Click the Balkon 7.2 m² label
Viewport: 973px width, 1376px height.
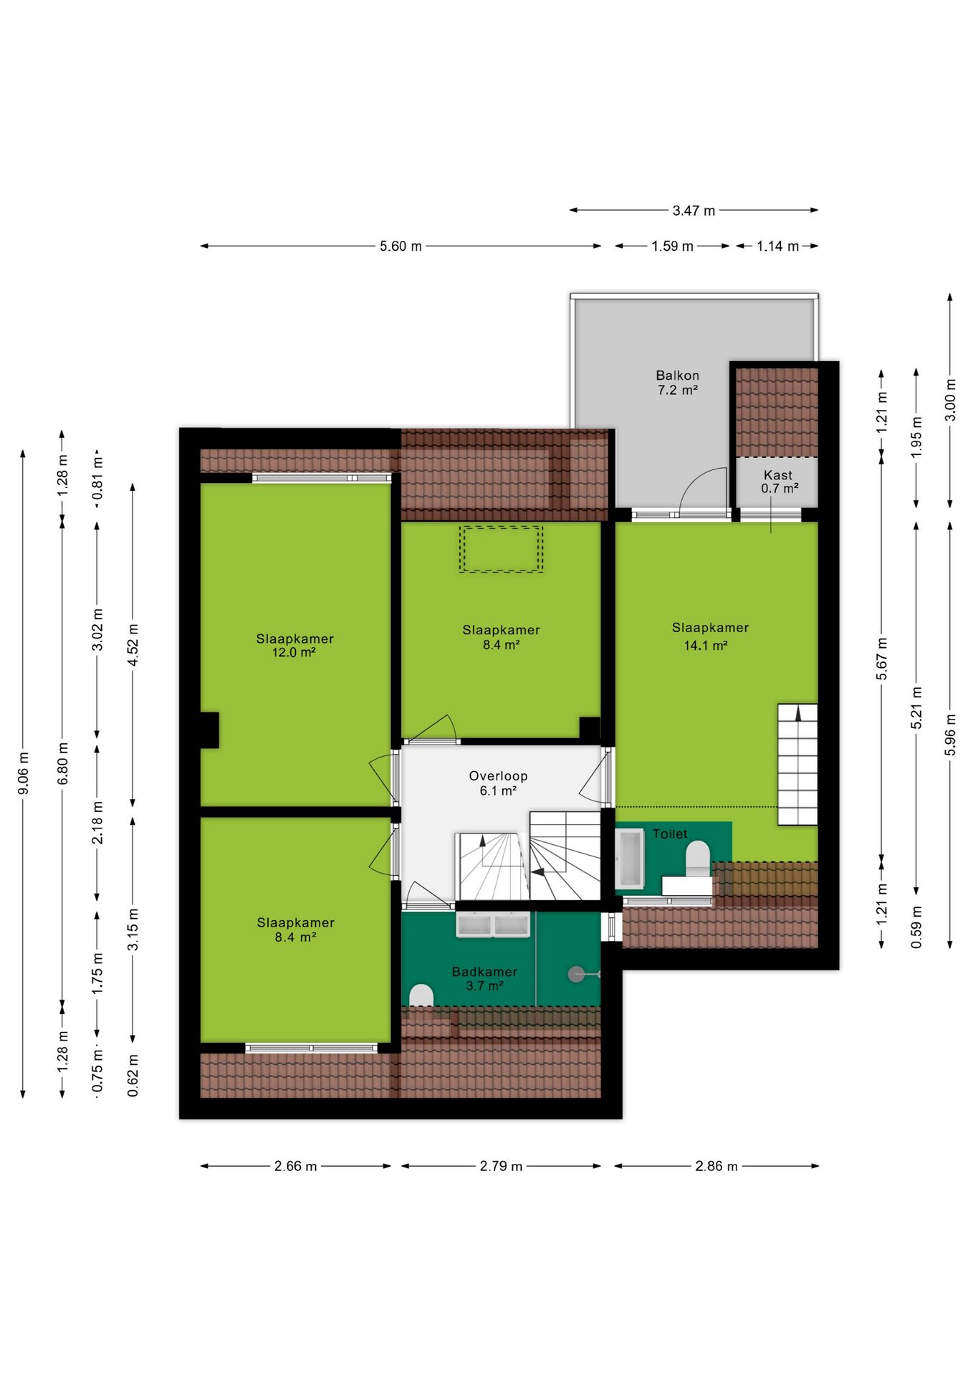[677, 383]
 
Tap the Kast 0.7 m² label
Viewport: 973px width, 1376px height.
[779, 482]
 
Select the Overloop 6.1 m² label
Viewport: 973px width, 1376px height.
[498, 783]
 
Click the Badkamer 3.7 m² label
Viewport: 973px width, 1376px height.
[484, 978]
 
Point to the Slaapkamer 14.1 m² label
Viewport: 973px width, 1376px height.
[710, 636]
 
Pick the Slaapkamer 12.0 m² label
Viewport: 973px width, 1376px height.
[294, 645]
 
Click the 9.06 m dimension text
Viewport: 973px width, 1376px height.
[23, 773]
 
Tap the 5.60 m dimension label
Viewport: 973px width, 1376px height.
[401, 246]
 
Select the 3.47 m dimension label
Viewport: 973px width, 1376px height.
[694, 210]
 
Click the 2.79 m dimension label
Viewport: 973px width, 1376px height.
[501, 1166]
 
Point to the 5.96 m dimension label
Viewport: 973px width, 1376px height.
[950, 735]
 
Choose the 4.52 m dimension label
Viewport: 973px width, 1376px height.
[133, 645]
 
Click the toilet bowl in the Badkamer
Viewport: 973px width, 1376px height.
[421, 995]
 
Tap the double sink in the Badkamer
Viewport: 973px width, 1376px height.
[493, 924]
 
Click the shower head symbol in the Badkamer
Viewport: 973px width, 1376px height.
[577, 974]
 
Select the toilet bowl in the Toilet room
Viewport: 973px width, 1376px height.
[698, 859]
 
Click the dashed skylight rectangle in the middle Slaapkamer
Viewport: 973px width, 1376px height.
[501, 549]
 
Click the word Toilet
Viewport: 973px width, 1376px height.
[670, 833]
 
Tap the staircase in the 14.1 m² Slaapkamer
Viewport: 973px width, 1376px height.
[797, 764]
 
